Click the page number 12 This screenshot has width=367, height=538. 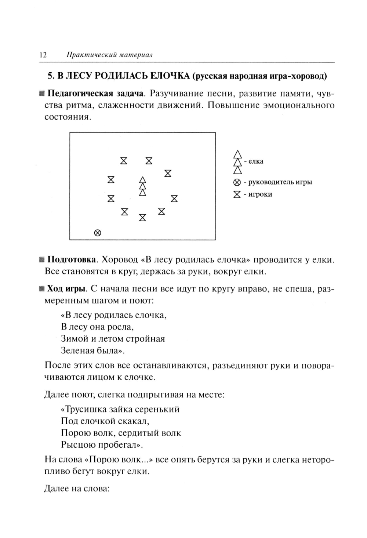(43, 55)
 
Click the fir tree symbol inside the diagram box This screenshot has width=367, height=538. (142, 186)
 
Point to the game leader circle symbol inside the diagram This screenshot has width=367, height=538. (97, 233)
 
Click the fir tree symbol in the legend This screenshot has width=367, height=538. (238, 162)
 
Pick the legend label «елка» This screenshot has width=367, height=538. (256, 161)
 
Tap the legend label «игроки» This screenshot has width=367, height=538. (260, 194)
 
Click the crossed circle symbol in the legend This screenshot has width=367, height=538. (237, 182)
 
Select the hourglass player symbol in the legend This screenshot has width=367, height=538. (237, 194)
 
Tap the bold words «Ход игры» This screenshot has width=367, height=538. (66, 288)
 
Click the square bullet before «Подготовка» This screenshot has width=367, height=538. (41, 260)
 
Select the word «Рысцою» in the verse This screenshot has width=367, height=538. (78, 445)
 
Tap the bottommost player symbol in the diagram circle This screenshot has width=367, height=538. (142, 218)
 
